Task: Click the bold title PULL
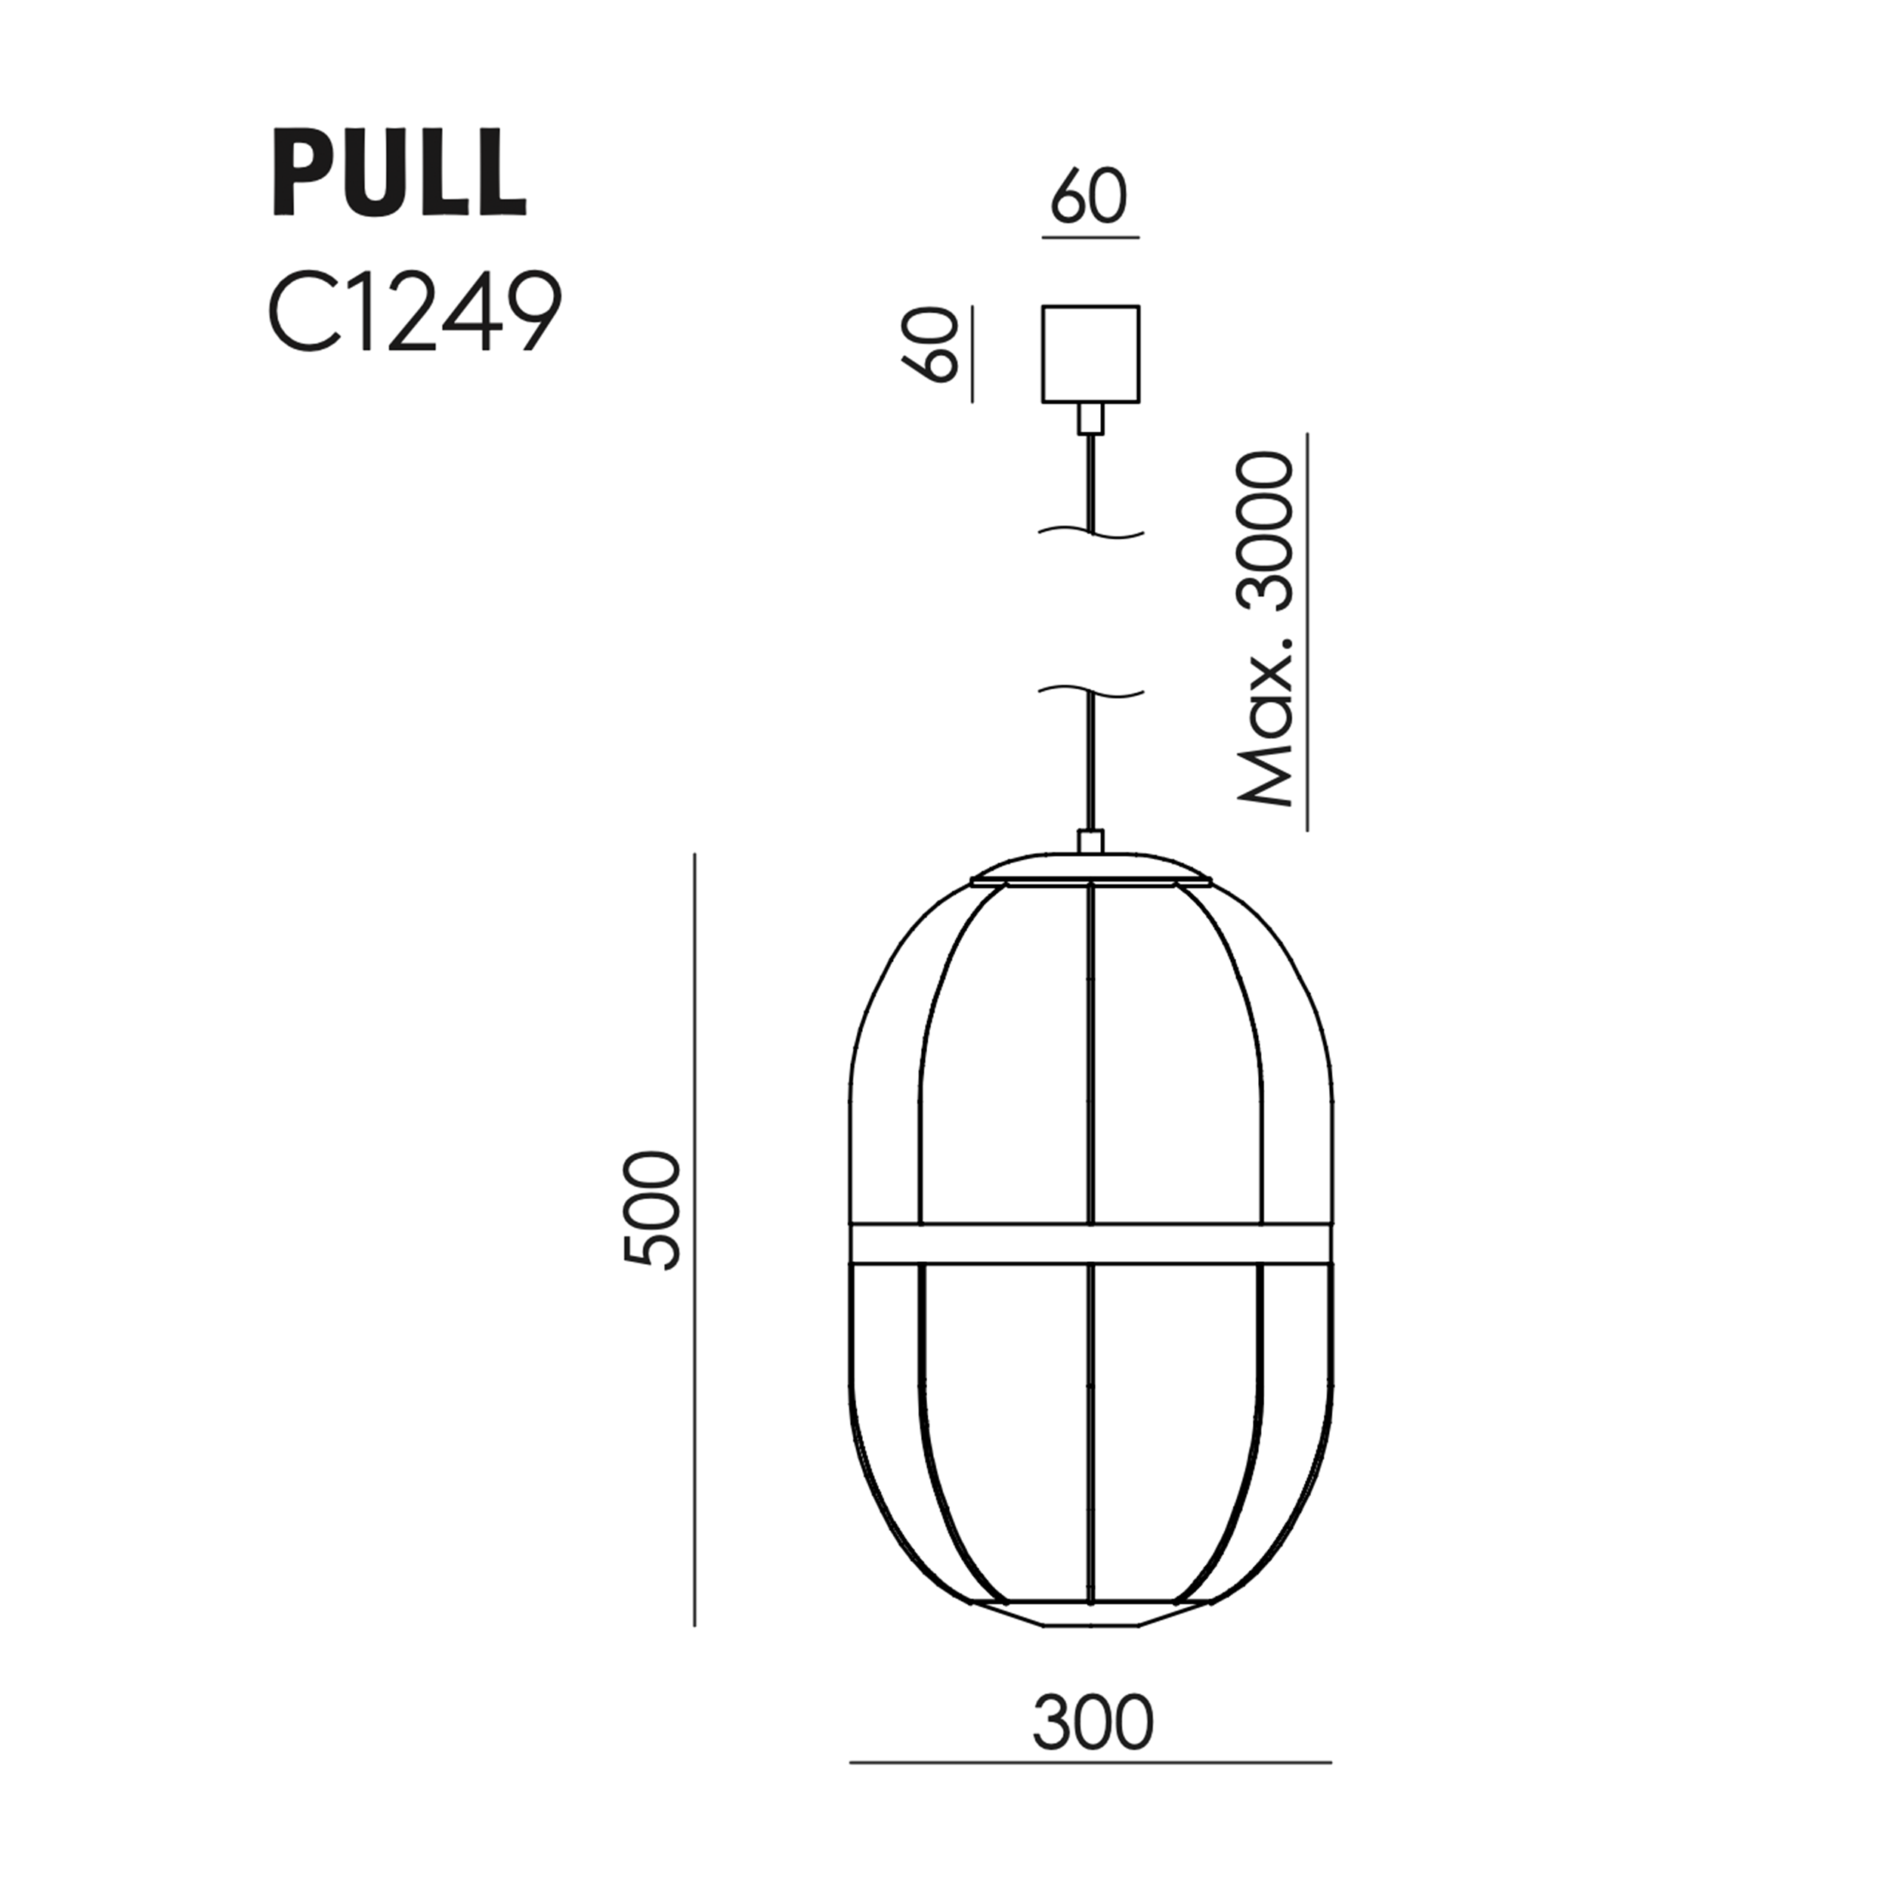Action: [399, 172]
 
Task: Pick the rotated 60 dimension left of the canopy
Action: [930, 344]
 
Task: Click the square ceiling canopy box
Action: [1090, 353]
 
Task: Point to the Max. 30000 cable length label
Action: [1266, 629]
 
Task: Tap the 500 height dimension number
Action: [652, 1210]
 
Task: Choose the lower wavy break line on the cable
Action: [1090, 692]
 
